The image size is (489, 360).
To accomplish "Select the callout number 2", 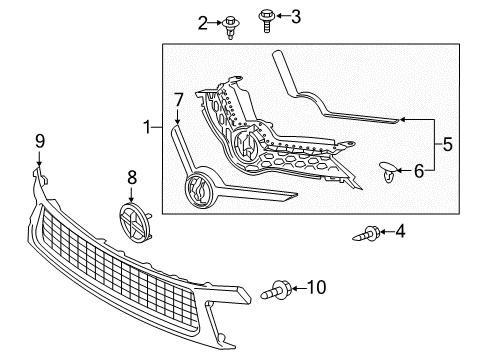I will pos(204,21).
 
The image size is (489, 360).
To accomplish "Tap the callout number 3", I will pos(295,15).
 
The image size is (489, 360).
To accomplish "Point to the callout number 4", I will pos(400,232).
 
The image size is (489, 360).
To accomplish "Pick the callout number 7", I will pos(178,100).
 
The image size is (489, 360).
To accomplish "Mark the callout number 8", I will pos(131,177).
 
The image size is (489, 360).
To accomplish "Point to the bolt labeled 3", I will pos(267,17).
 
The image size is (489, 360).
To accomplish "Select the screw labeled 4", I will pos(366,235).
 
